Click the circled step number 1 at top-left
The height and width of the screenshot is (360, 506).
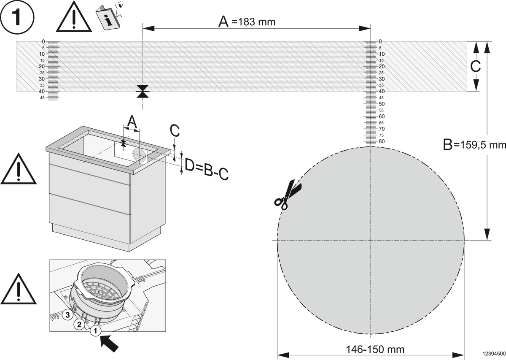(17, 17)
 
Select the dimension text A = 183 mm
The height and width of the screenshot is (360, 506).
(247, 22)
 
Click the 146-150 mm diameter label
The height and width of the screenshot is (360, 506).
(375, 349)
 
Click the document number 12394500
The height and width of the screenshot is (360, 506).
(494, 353)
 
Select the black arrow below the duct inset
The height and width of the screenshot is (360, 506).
(109, 344)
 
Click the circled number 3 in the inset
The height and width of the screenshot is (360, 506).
(67, 314)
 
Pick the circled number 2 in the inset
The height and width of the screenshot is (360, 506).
(79, 325)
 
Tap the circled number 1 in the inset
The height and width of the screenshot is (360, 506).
(96, 331)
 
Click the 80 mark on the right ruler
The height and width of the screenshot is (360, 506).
(382, 141)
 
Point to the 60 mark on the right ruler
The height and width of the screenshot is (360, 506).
(382, 116)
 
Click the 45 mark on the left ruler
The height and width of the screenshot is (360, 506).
(42, 98)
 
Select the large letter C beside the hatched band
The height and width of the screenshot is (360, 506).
(475, 66)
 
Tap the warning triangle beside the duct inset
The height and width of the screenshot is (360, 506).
(19, 289)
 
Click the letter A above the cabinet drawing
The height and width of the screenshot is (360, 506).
(132, 122)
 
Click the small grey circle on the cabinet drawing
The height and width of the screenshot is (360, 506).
(140, 156)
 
